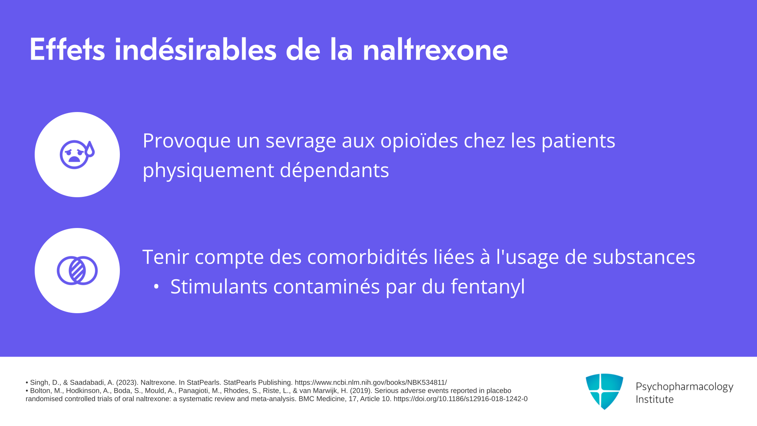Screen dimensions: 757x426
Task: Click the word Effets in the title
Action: coord(67,50)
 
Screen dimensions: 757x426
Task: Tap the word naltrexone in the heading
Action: coord(435,50)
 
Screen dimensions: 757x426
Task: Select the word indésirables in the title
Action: coord(196,50)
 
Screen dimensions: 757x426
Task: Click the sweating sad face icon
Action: coord(77,154)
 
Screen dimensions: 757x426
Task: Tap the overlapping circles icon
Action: coord(77,271)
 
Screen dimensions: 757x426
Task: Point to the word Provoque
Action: coord(186,141)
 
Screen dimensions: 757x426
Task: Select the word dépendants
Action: coord(334,170)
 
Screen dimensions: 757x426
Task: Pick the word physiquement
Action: coord(208,171)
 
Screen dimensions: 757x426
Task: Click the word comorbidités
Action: coord(367,257)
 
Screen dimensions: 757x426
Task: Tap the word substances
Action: coord(644,257)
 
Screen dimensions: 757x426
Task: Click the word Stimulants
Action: coord(219,286)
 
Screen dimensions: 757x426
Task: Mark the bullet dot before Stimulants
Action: coord(156,287)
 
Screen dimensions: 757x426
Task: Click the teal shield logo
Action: coord(604,391)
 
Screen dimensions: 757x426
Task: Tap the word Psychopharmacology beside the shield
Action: coord(684,387)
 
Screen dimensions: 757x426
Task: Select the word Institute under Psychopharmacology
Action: coord(654,399)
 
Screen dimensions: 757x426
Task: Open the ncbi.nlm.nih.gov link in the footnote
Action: coord(371,383)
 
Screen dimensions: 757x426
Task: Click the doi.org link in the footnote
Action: coord(461,399)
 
